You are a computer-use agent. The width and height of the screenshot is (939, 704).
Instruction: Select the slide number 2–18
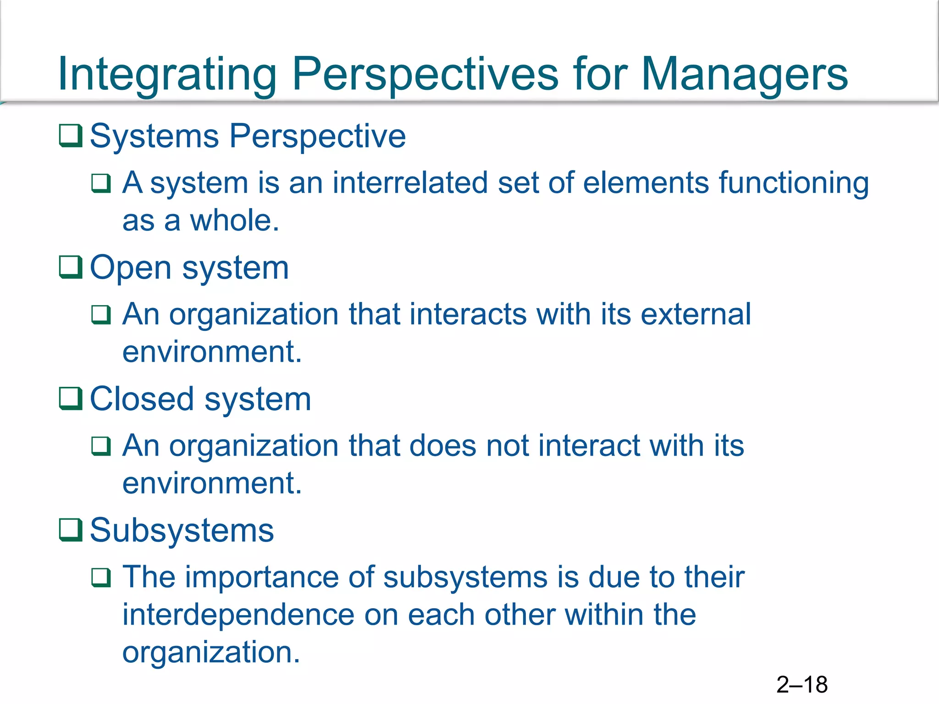tap(802, 685)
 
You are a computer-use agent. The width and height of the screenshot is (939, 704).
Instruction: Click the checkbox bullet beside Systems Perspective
tap(71, 136)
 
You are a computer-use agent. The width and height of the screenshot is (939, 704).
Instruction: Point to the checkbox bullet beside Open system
tap(71, 267)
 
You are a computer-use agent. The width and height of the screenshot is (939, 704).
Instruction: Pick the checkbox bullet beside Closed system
tap(71, 399)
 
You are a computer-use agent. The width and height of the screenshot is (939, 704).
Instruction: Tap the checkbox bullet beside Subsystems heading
tap(71, 530)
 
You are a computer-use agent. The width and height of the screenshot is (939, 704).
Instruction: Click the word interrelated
tap(410, 183)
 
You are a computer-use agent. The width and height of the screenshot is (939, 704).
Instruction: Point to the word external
tap(696, 314)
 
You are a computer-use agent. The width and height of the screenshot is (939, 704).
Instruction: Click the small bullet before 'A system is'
tap(101, 183)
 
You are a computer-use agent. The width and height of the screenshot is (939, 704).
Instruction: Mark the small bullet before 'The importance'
tap(101, 577)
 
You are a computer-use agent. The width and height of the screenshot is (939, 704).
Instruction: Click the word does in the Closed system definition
tap(442, 445)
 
